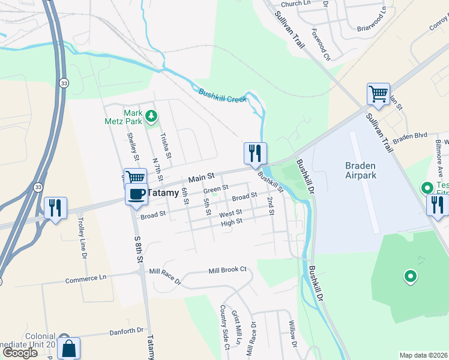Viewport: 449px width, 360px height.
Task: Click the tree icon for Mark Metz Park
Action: (152, 115)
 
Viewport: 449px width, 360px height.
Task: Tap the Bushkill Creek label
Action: (223, 95)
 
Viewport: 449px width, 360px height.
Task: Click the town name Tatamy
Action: (163, 194)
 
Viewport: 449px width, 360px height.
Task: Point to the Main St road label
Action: (201, 178)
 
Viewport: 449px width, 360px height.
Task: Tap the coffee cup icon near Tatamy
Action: (136, 193)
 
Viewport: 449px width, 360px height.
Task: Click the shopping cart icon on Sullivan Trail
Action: (378, 94)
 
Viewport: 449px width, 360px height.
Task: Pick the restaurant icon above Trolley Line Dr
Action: (55, 208)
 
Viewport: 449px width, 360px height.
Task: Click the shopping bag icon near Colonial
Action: (69, 348)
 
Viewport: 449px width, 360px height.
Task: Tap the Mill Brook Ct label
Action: (228, 270)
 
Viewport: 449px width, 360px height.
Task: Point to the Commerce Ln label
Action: (86, 279)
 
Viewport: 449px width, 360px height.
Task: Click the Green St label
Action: (216, 188)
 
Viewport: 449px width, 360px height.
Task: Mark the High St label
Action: (231, 222)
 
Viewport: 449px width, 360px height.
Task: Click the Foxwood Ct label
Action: (321, 44)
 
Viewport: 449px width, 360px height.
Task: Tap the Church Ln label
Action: (295, 4)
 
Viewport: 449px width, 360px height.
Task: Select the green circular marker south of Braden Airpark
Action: (411, 277)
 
